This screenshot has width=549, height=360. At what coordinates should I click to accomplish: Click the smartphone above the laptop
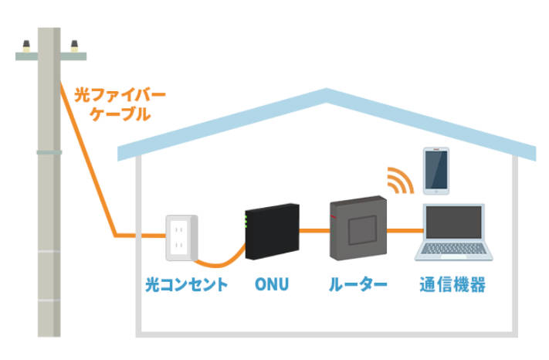tap(435, 170)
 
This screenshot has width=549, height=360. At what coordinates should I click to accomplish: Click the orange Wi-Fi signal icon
tap(400, 179)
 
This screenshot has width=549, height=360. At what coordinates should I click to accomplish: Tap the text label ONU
tap(272, 285)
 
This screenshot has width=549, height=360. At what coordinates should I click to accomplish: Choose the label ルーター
tap(358, 285)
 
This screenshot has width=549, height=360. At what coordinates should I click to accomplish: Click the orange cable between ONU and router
tap(313, 229)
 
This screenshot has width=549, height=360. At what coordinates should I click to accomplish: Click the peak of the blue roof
tap(329, 95)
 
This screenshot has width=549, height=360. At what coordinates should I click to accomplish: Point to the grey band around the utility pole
tap(49, 151)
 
